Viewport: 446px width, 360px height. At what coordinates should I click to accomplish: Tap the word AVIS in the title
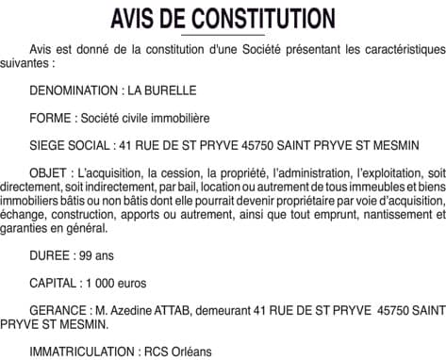135,18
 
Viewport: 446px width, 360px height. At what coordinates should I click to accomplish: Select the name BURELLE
173,91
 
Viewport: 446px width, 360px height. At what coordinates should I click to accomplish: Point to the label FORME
49,119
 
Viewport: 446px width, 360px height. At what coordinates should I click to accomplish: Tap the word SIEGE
48,146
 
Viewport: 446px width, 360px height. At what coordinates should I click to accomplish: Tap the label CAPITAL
55,283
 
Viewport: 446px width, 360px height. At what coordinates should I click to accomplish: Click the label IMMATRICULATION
79,351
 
